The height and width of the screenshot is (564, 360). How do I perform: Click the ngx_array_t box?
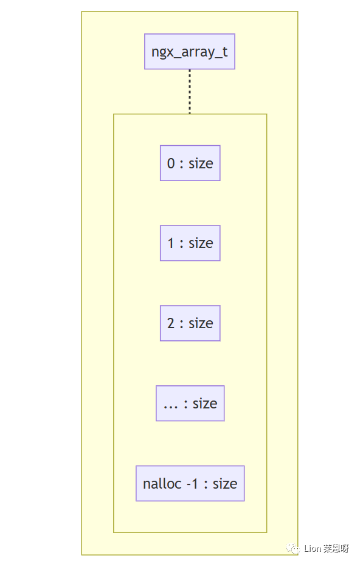point(190,52)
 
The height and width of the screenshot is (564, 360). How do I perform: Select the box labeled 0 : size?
point(190,163)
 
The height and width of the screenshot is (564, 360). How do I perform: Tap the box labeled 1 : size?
point(190,243)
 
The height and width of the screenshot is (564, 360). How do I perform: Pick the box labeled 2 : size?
point(190,323)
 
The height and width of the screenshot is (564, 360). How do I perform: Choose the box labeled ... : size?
point(190,403)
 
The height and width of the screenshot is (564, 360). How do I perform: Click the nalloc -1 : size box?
point(190,483)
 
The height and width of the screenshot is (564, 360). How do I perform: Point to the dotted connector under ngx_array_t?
point(190,91)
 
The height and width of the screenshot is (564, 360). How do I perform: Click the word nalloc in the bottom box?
point(159,484)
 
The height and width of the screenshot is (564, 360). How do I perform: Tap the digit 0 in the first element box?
point(171,163)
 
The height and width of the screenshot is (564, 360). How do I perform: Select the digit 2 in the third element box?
point(171,323)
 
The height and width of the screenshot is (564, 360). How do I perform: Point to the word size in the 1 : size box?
point(201,243)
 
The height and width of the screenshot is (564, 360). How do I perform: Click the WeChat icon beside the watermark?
point(294,549)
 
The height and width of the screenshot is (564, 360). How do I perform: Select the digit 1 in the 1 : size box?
point(171,243)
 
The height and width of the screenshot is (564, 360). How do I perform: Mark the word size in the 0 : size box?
point(201,163)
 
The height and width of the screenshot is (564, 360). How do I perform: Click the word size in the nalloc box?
point(224,484)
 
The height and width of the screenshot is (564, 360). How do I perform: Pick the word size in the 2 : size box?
point(201,323)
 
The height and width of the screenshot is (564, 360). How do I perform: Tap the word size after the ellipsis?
point(205,404)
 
